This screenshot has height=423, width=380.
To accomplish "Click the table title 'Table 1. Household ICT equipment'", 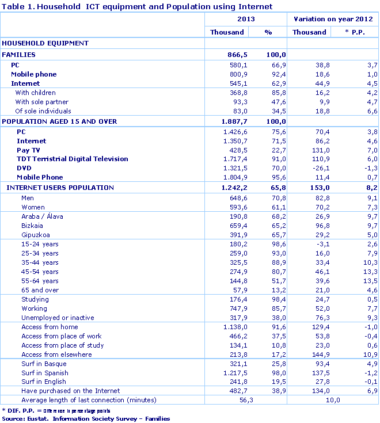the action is click(x=137, y=6).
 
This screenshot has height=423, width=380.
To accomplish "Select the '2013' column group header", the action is click(x=246, y=19).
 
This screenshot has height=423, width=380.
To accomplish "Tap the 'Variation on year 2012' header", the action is click(x=333, y=19).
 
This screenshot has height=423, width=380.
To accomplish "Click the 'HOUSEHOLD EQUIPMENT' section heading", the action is click(x=45, y=43).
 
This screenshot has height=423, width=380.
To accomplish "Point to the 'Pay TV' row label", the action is click(x=28, y=150).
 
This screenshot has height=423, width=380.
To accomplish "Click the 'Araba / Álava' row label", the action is click(x=42, y=216).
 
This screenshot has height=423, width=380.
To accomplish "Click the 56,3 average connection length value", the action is click(x=246, y=400).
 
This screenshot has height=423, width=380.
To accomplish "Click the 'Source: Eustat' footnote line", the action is click(x=86, y=418).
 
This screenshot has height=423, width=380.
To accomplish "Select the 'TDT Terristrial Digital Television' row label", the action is click(x=73, y=159).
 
